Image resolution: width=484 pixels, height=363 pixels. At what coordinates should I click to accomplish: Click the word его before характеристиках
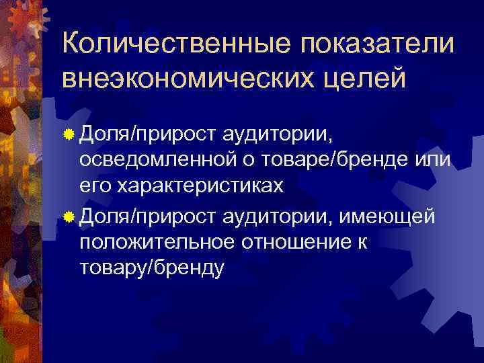tap(95, 188)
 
